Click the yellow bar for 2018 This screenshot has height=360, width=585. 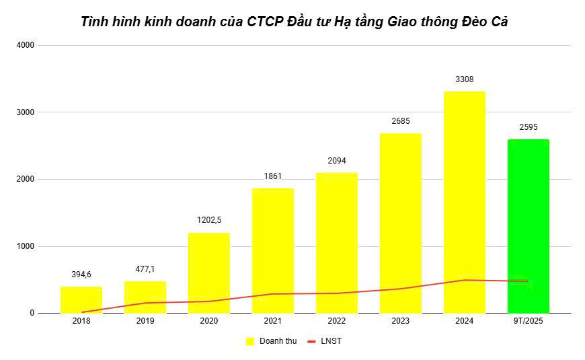click(x=81, y=299)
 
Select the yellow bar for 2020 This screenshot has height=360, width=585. click(x=209, y=273)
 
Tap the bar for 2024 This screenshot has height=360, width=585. click(x=465, y=202)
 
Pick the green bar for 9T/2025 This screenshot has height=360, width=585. click(x=529, y=226)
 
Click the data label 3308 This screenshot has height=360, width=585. click(x=465, y=79)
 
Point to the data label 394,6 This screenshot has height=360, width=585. click(x=81, y=274)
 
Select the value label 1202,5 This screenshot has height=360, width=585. click(x=209, y=220)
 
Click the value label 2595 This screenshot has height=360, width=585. click(x=529, y=127)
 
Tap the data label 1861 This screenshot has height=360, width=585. click(x=273, y=176)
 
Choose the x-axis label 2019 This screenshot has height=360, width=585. click(x=145, y=321)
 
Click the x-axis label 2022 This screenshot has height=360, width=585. click(x=337, y=321)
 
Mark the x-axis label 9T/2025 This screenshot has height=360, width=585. click(x=529, y=321)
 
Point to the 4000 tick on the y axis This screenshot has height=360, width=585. click(x=26, y=45)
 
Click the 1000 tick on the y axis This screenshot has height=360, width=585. click(x=26, y=246)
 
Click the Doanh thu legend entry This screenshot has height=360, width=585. click(x=272, y=341)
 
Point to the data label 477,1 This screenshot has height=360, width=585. click(x=145, y=268)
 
